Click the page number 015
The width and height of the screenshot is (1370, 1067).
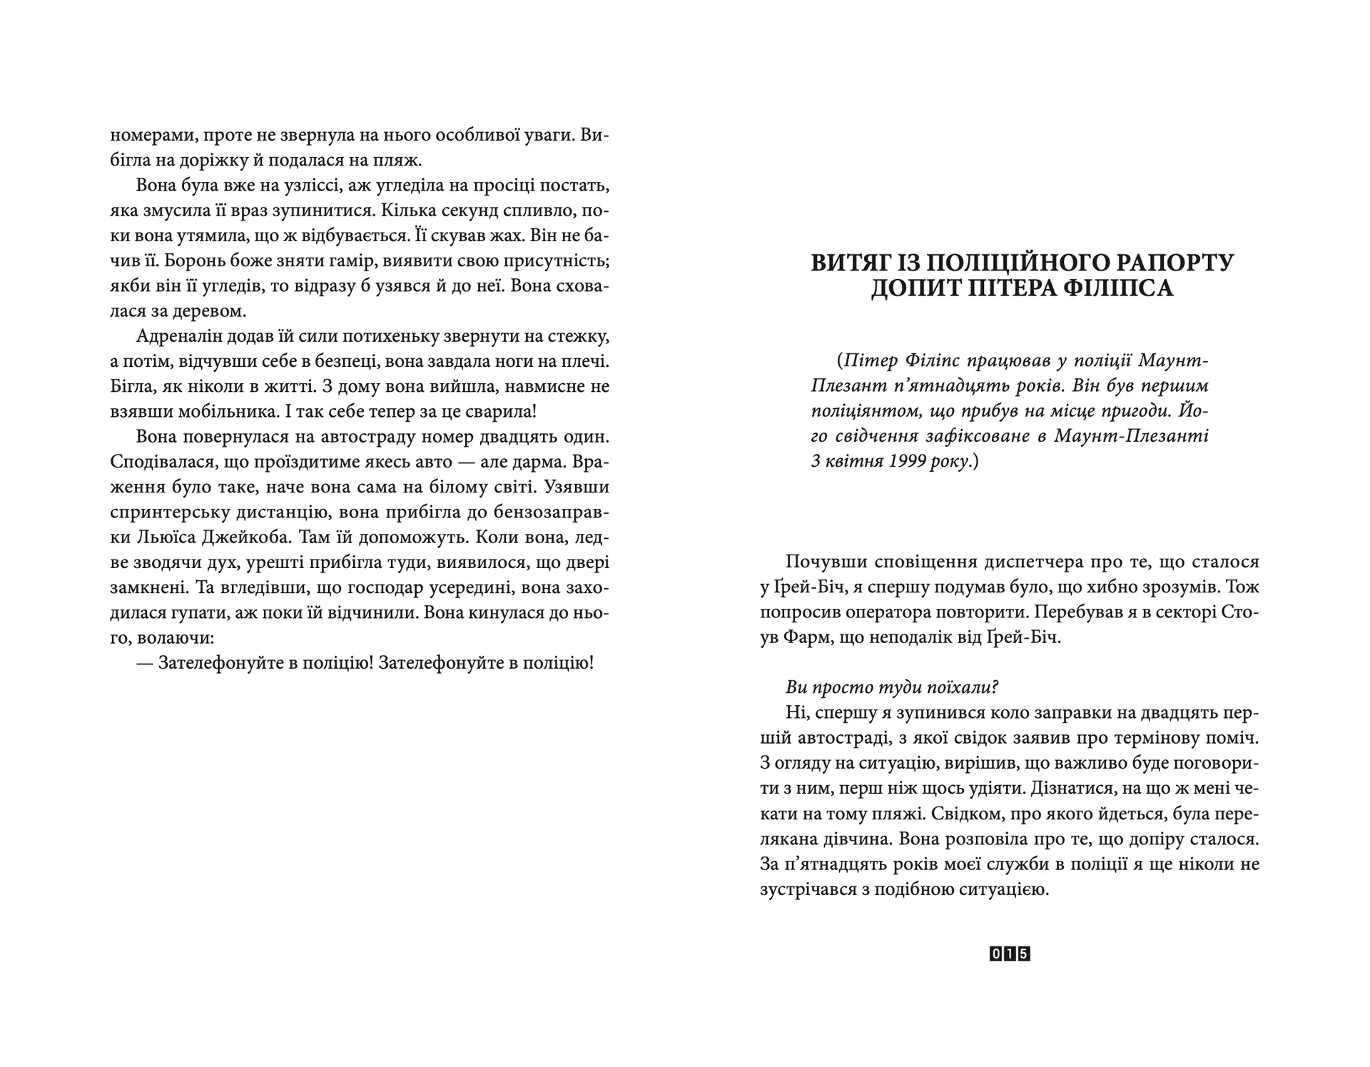click(1010, 954)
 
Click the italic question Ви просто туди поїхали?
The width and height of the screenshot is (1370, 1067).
click(892, 687)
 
